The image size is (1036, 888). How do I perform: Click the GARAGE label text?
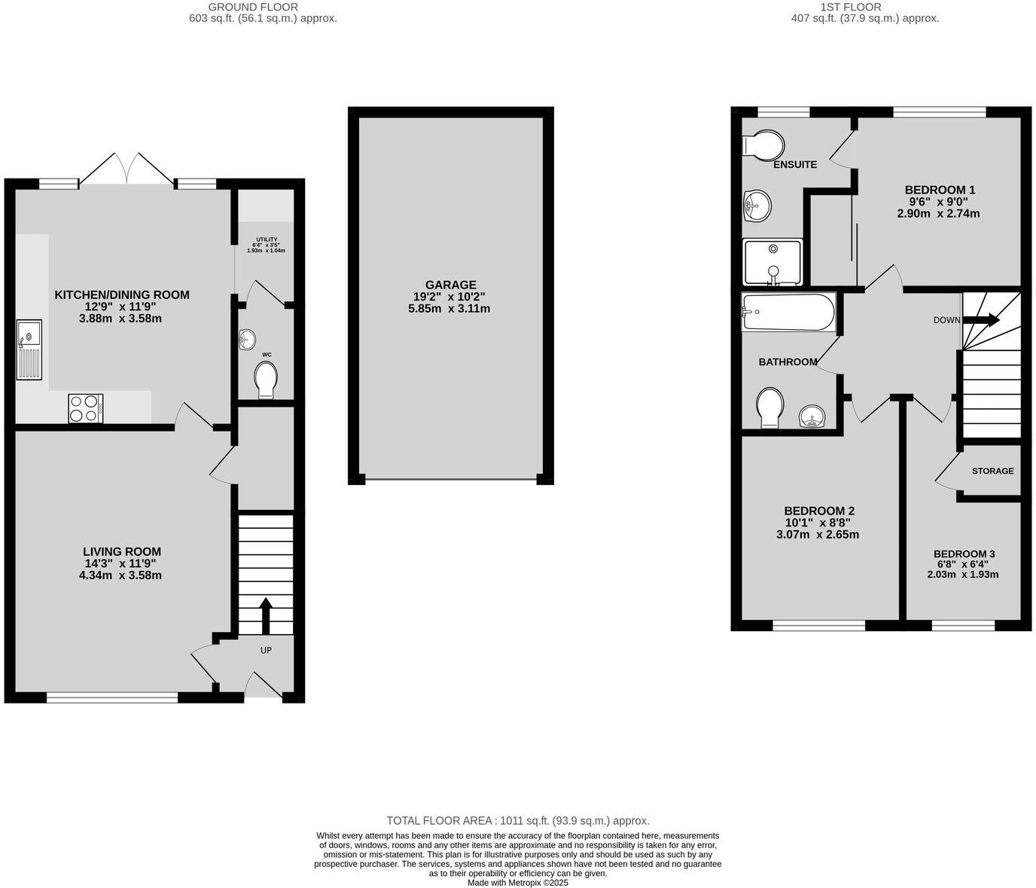tap(450, 285)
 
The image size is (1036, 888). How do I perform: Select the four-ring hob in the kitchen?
tap(85, 409)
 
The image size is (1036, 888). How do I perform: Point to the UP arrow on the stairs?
tap(265, 615)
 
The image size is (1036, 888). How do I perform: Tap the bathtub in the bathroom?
tap(788, 313)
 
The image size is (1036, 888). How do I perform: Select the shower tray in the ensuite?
tap(773, 262)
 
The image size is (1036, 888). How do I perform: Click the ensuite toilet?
tap(763, 145)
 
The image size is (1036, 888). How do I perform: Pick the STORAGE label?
tap(992, 471)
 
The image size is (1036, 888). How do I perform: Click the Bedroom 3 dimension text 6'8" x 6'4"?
tap(962, 563)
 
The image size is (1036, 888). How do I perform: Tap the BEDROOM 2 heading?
tap(818, 511)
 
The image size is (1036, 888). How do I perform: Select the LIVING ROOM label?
tap(122, 551)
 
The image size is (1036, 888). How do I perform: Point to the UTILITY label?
tap(267, 240)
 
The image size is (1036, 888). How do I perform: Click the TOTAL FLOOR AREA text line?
tap(517, 821)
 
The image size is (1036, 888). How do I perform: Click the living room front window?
tap(112, 698)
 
